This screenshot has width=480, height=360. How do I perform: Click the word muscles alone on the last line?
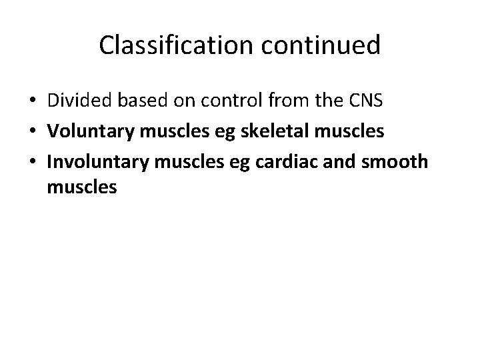82,188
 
